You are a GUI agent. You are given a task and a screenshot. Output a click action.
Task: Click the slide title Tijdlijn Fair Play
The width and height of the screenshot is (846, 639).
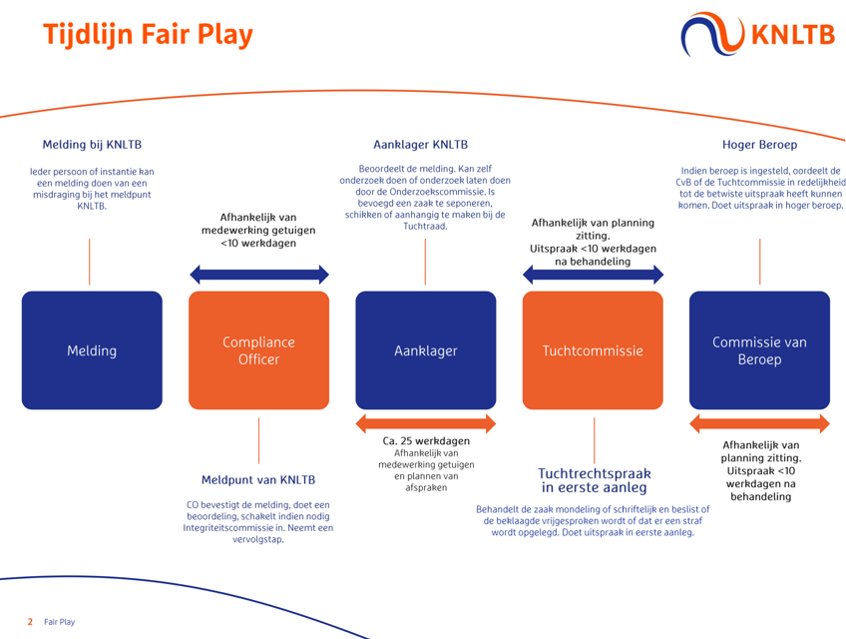[148, 35]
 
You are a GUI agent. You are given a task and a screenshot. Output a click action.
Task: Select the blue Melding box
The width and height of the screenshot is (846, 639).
[92, 350]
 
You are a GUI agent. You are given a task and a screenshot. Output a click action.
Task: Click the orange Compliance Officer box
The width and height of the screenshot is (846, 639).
[258, 350]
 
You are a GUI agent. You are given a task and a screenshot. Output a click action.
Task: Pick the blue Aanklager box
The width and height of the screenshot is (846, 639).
[425, 350]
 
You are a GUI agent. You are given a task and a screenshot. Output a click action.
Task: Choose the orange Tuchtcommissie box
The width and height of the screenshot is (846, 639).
[593, 350]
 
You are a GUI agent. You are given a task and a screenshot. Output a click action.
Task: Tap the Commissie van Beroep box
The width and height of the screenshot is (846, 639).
[759, 350]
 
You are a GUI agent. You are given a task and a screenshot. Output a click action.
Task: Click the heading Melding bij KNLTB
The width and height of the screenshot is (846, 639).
[92, 145]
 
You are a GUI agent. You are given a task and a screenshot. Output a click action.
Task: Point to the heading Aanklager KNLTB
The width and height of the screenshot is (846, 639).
[420, 145]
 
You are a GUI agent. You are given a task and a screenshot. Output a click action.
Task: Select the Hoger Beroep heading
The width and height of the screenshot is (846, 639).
[759, 145]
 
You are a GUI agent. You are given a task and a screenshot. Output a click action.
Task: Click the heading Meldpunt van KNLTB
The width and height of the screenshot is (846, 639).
[258, 480]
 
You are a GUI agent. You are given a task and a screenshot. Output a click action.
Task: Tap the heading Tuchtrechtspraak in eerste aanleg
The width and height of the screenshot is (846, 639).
[594, 480]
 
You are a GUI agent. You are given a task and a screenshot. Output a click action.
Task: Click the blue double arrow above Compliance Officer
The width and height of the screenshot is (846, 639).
[258, 275]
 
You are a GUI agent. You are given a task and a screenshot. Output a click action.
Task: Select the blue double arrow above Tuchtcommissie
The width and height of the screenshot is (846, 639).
[593, 275]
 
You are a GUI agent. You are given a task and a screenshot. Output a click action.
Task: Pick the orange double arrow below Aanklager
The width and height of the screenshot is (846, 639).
[425, 423]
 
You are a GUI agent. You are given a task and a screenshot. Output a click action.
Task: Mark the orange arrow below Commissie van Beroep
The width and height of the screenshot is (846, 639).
[759, 423]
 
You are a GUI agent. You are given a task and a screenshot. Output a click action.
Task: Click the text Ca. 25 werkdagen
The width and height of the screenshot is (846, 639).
[426, 440]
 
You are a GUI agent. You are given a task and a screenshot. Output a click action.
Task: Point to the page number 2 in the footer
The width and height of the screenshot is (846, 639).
[30, 622]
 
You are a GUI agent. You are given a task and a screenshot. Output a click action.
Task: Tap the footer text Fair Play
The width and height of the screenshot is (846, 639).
[59, 622]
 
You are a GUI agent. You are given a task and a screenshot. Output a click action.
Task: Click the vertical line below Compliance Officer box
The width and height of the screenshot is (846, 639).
[258, 439]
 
